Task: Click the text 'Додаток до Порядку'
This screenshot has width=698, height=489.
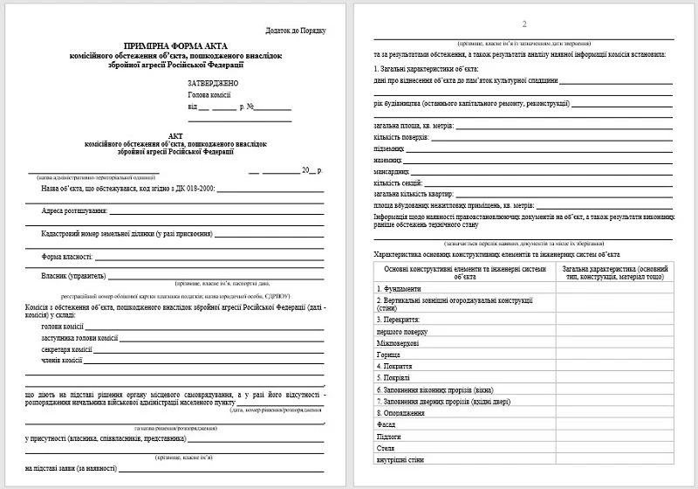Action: [x=296, y=31]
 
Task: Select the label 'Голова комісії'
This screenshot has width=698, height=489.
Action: [x=210, y=94]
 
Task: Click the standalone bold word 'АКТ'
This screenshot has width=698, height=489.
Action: [x=175, y=135]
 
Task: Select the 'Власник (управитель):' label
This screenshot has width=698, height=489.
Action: [x=76, y=275]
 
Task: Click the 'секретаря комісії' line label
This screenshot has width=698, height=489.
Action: [x=67, y=348]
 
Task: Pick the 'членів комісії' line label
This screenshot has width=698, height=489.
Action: [x=63, y=360]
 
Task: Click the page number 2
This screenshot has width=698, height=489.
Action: [x=523, y=24]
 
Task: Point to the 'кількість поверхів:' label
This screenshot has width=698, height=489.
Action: [x=402, y=137]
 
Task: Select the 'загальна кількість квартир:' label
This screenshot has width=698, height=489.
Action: [x=411, y=194]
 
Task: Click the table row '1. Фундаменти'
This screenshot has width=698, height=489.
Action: [x=398, y=289]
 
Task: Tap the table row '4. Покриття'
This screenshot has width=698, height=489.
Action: [x=393, y=366]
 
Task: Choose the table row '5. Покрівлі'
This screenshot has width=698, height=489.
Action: [x=393, y=378]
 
